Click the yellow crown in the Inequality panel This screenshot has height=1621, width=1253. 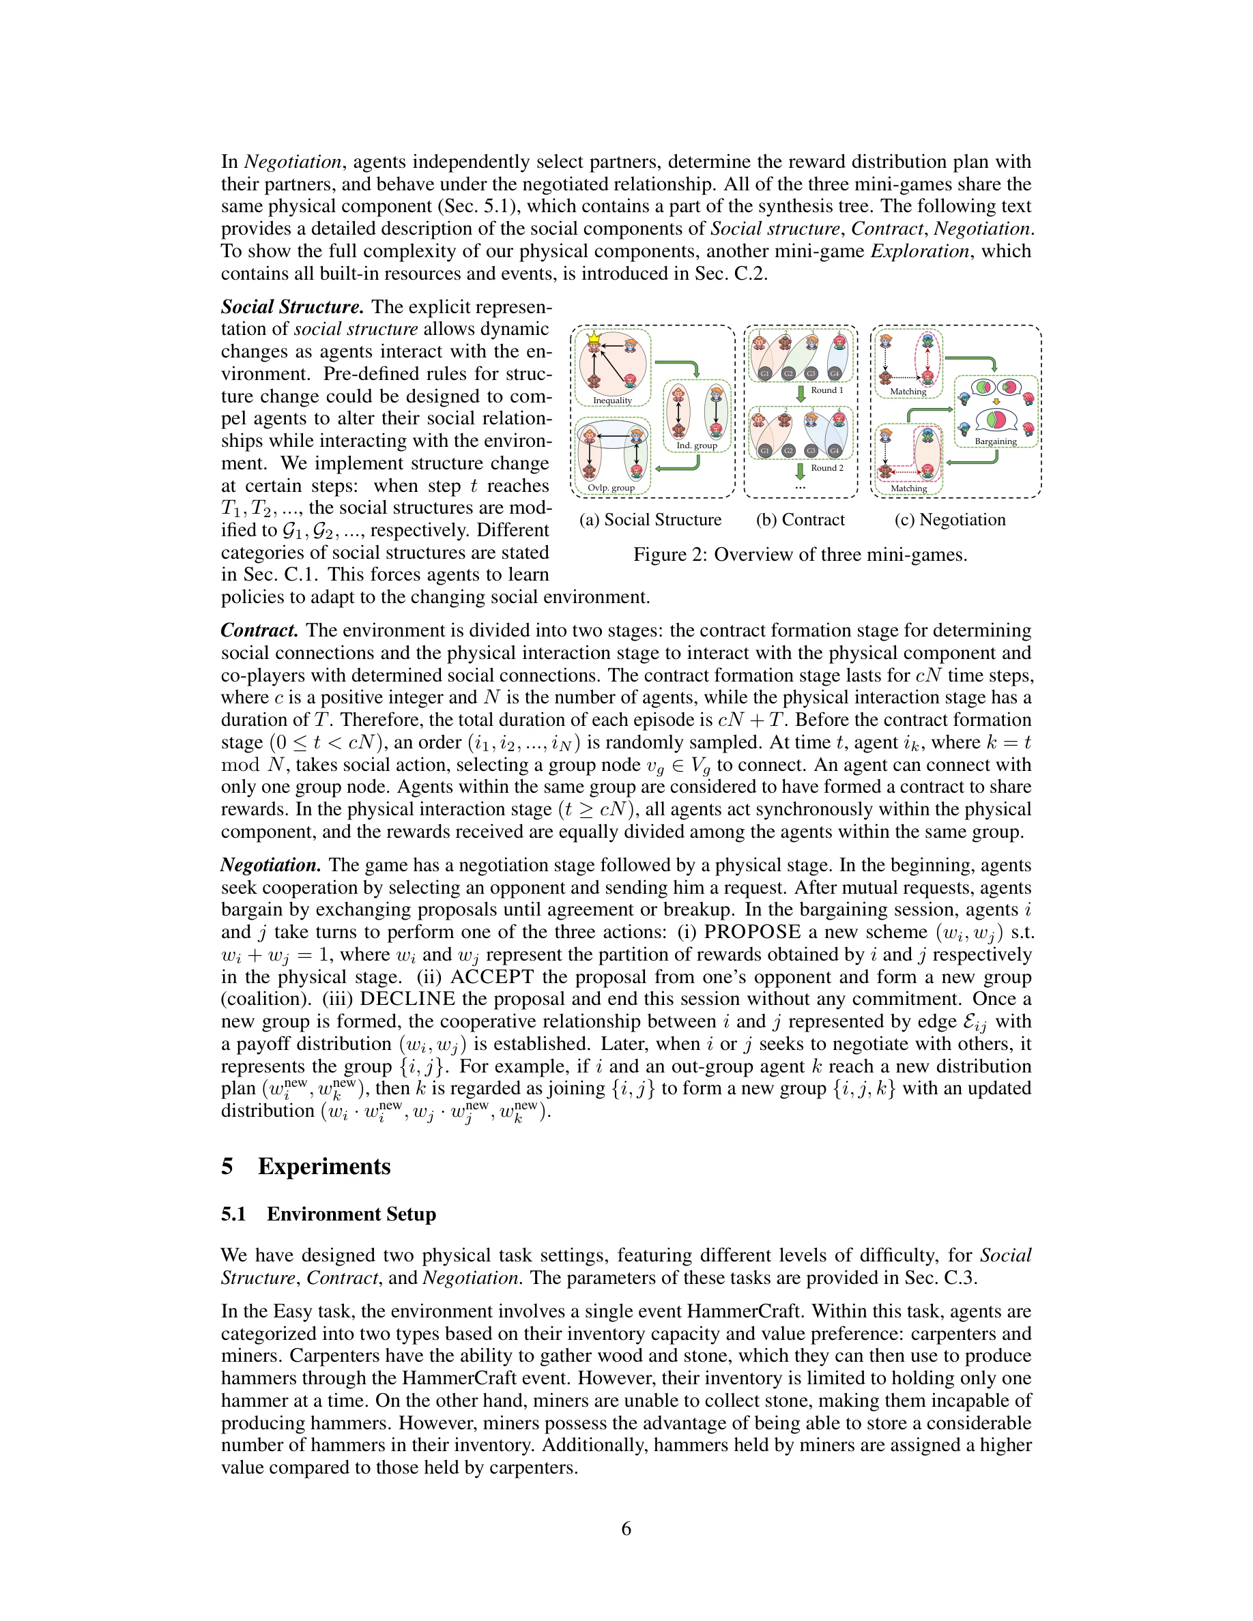[593, 338]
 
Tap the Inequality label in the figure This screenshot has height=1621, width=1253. [612, 400]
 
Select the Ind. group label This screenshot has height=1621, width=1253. [696, 446]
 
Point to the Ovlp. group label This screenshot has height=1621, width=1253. [611, 488]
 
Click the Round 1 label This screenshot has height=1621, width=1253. [827, 390]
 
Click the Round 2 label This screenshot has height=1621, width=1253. [827, 467]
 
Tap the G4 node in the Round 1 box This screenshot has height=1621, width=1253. [835, 373]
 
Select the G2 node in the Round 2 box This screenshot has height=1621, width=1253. [788, 450]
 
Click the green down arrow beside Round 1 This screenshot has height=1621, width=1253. [801, 393]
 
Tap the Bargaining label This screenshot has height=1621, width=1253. [996, 441]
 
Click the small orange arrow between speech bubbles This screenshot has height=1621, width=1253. [996, 403]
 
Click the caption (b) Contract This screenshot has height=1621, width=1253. [801, 520]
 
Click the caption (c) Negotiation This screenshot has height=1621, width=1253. [950, 520]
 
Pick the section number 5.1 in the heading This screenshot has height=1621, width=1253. [233, 1214]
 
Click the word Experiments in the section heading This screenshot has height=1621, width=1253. [323, 1166]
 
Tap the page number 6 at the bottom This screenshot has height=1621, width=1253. [626, 1528]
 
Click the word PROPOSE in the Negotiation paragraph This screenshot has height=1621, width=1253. [752, 932]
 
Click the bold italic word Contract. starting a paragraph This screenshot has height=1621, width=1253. [260, 631]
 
